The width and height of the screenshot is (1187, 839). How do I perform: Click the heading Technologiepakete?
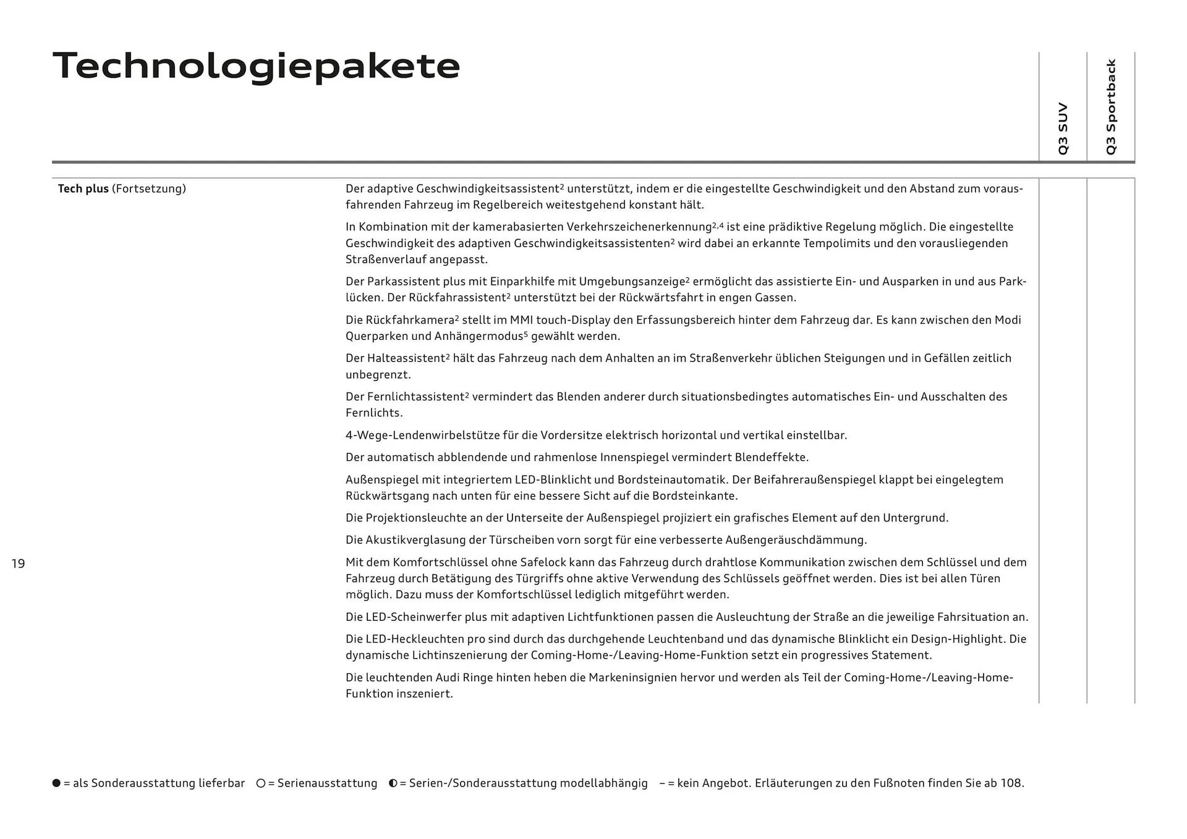coord(257,66)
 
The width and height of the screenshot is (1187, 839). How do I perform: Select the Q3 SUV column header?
coord(1063,129)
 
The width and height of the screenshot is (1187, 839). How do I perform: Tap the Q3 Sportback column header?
coord(1111,107)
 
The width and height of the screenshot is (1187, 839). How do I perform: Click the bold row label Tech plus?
coord(83,189)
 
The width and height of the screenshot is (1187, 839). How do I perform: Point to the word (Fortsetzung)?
coord(148,189)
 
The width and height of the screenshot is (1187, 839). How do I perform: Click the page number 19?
coord(18,563)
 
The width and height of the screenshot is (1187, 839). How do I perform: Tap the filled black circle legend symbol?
coord(57,783)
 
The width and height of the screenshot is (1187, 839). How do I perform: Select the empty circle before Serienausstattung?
coord(261,783)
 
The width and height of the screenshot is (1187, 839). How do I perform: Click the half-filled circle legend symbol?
coord(393,783)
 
